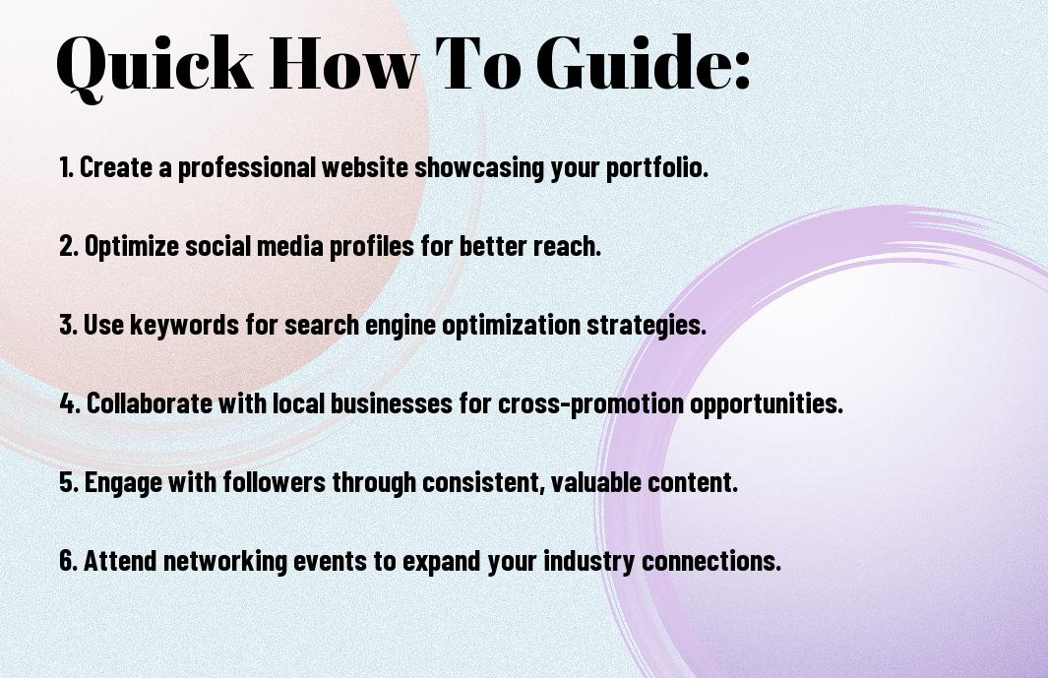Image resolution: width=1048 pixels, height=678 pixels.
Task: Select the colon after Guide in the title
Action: click(x=743, y=70)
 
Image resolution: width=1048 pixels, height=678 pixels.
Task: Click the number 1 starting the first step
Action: click(x=65, y=167)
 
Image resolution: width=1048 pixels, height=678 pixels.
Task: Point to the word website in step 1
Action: click(x=365, y=167)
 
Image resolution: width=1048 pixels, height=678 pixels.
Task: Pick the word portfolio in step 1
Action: click(x=656, y=168)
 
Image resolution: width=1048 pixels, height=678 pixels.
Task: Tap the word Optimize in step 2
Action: click(x=132, y=247)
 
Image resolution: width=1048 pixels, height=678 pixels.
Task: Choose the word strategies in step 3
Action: click(x=646, y=326)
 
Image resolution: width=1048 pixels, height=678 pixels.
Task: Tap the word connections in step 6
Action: click(x=711, y=561)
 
